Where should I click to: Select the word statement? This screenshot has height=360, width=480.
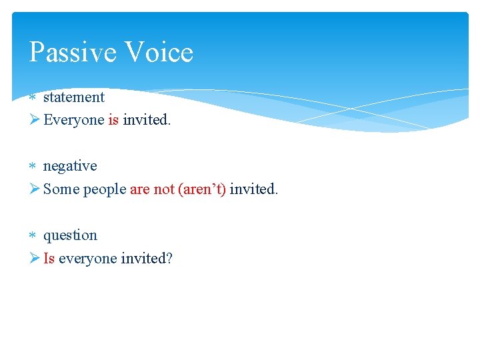[74, 97]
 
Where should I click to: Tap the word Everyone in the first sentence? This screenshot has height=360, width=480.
[73, 120]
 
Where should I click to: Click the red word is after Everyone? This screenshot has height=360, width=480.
[113, 120]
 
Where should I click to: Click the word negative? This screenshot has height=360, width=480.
[70, 166]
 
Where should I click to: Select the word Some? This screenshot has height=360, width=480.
[61, 189]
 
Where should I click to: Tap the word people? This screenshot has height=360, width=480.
[105, 190]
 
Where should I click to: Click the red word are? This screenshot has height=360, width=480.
[140, 189]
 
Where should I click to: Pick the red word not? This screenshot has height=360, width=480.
[164, 189]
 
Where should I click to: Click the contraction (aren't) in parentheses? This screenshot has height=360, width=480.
[202, 189]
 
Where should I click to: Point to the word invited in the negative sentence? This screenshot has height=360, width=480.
[253, 189]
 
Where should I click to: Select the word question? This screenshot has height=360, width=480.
[70, 236]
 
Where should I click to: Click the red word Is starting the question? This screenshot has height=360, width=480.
[49, 259]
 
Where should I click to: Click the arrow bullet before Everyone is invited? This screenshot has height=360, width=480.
[35, 120]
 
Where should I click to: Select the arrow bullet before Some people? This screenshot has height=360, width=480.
[35, 189]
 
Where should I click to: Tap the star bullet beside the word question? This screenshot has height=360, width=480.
[33, 235]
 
